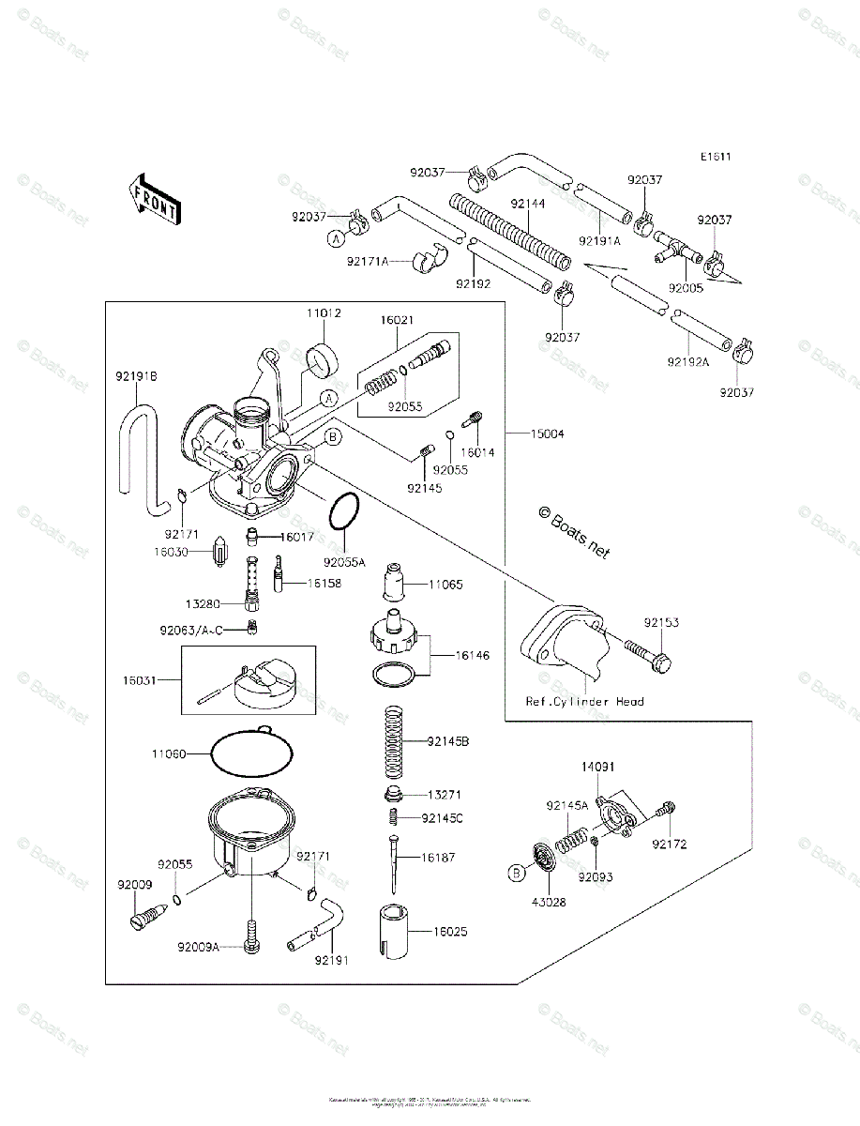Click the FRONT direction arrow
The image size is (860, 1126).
tap(155, 199)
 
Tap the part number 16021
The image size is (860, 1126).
tap(396, 320)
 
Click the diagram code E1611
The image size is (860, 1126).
tap(714, 157)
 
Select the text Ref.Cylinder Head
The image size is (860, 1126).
tap(584, 701)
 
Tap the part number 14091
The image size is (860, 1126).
tap(596, 767)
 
